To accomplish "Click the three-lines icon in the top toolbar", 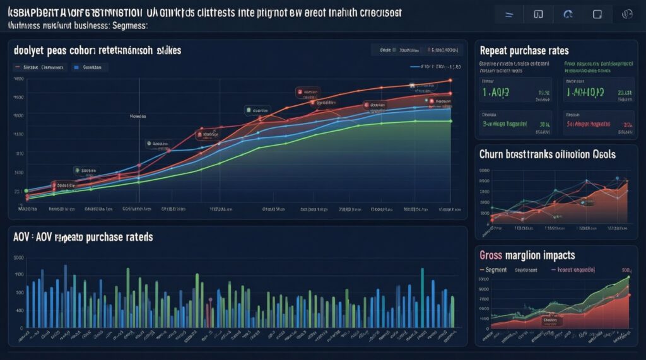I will pos(508,13).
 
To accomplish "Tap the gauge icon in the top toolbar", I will pos(567,13).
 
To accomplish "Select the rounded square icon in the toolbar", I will pos(597,13).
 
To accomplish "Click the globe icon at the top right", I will pos(627,13).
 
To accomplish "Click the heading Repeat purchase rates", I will pos(524,50).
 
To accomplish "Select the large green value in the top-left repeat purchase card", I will pos(496,93).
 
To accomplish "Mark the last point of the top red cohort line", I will pos(450,81).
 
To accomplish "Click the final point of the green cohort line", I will pos(450,121).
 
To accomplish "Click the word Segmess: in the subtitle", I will pos(129,25).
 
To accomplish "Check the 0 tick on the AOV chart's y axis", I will pos(20,327).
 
